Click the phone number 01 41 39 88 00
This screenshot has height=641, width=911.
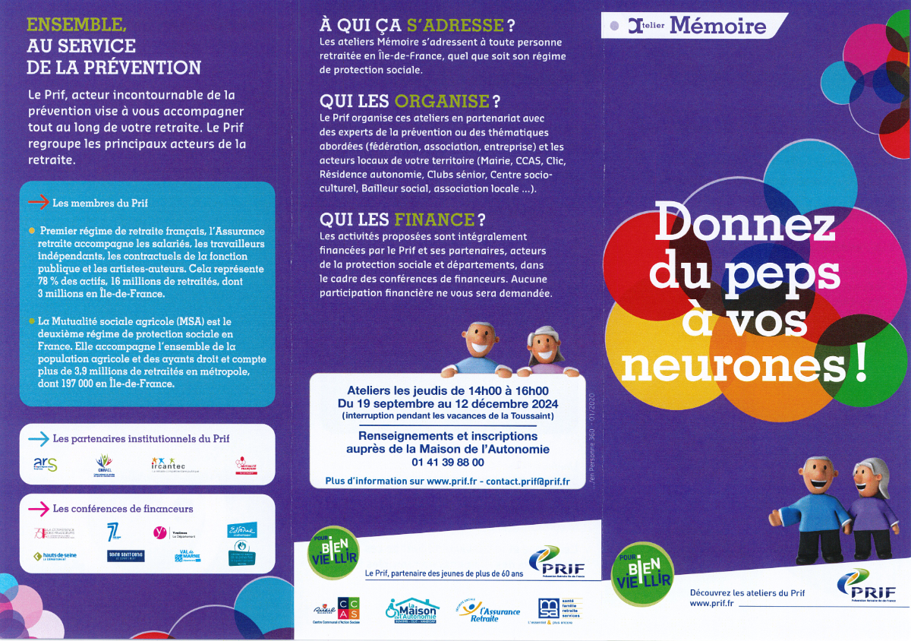point(447,462)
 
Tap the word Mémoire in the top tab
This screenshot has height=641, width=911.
point(717,27)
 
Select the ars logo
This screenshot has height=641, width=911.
point(46,463)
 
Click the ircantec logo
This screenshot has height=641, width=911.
point(168,463)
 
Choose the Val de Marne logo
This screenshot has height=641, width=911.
point(188,557)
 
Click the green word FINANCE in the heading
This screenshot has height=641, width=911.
point(434,219)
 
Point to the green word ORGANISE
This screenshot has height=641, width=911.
point(442,101)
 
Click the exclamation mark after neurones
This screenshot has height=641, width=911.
point(859,365)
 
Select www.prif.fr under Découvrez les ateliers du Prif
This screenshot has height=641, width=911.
point(711,604)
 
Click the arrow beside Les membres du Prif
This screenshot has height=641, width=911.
point(38,203)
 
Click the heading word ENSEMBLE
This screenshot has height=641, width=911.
point(74,25)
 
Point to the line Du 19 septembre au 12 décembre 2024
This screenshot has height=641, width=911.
point(447,404)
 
